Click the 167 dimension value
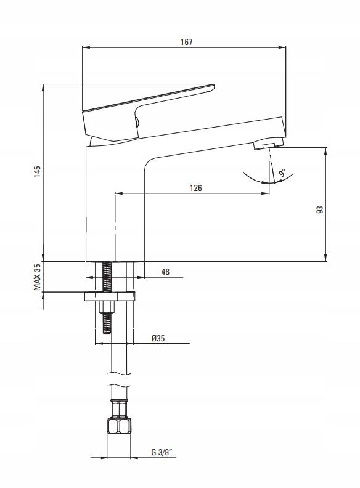187,42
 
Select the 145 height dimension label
38,171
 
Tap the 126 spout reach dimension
196,188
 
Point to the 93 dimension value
320,209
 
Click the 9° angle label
282,173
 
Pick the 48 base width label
165,272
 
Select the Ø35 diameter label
158,338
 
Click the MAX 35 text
38,277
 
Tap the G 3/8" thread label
162,452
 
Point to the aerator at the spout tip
269,144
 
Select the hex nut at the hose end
119,426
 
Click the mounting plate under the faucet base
110,296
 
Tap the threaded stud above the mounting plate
107,277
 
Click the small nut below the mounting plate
107,307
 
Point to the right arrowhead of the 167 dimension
282,47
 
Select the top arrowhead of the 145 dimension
43,88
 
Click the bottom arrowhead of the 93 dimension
325,258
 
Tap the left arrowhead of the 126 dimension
119,193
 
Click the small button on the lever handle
136,121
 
